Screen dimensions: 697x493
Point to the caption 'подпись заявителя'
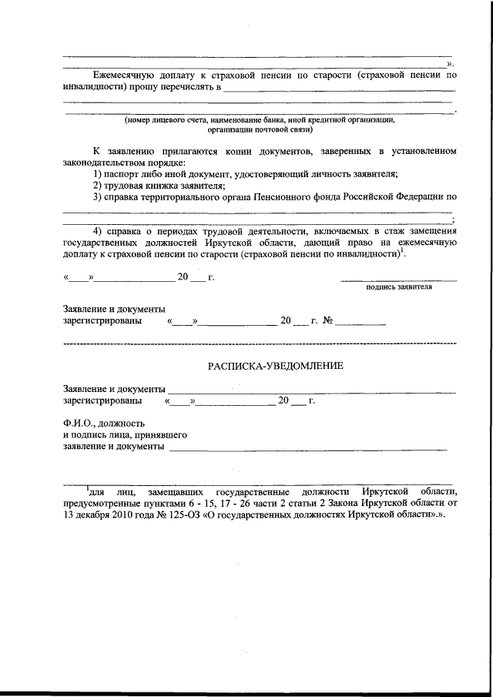click(x=398, y=287)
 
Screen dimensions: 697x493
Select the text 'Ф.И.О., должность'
click(x=102, y=423)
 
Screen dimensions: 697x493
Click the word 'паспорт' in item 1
click(x=121, y=174)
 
